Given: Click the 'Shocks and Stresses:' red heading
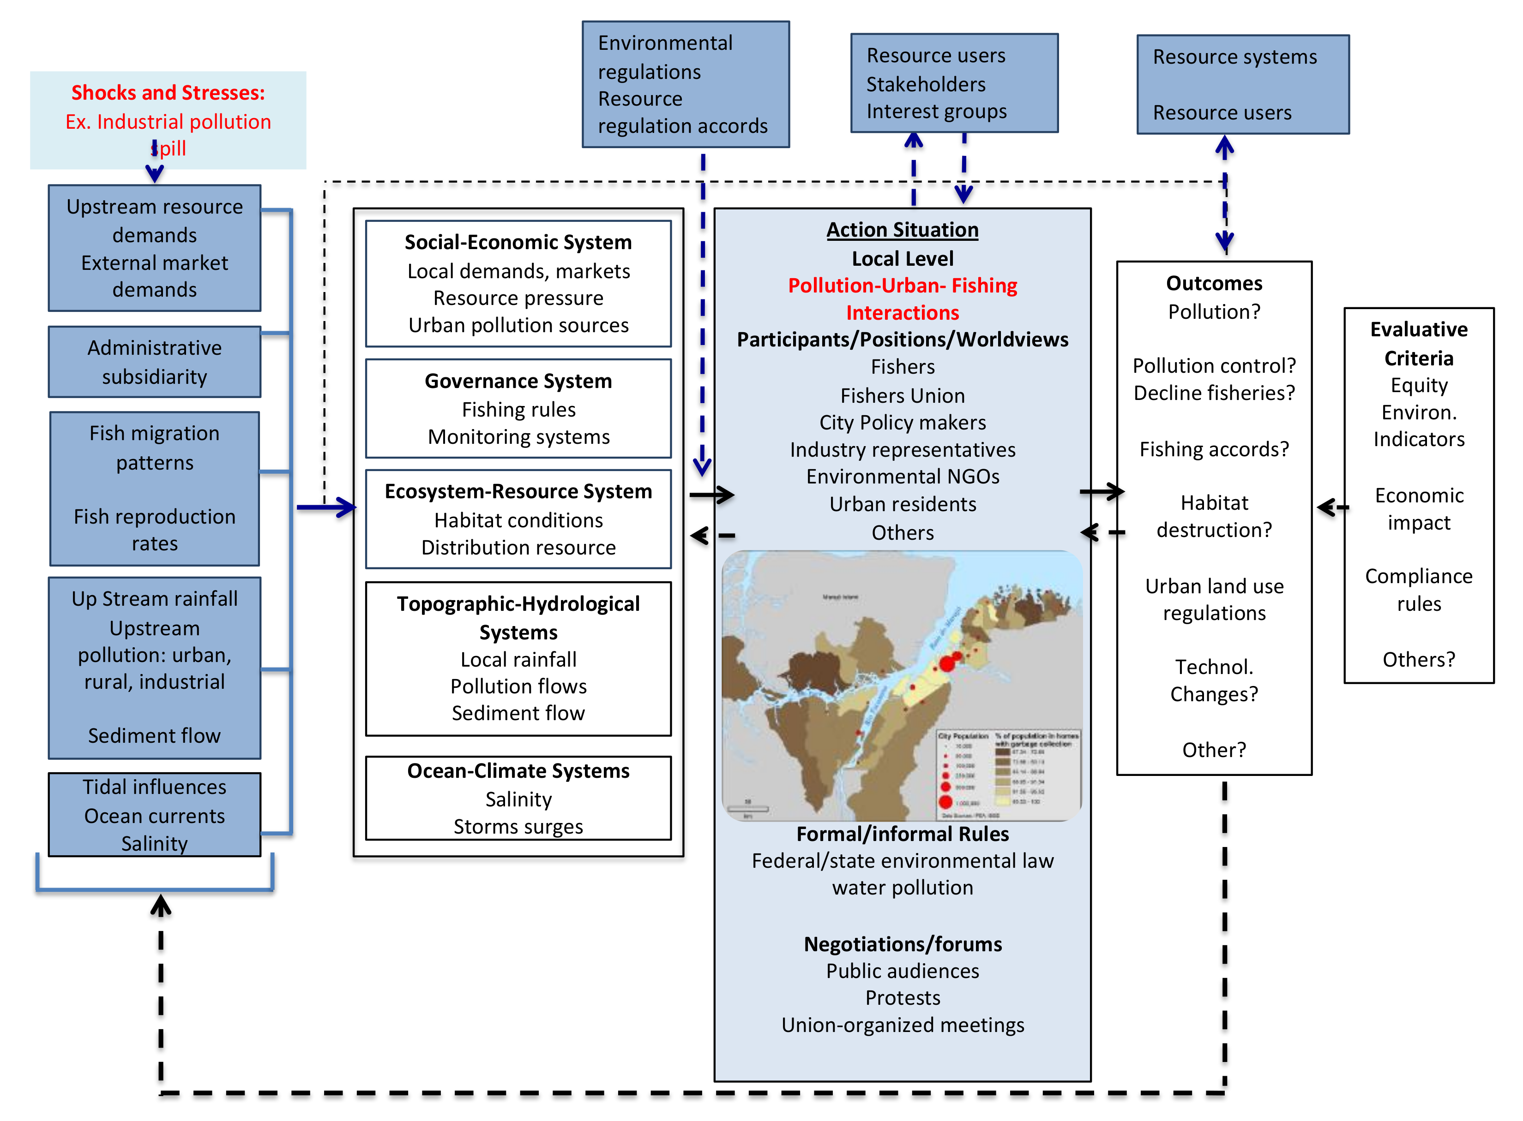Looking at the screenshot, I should (x=168, y=92).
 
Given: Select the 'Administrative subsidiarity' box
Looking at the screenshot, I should (x=154, y=362).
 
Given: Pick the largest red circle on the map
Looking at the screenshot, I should (x=946, y=663).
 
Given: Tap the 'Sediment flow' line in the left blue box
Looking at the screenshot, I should (x=154, y=736).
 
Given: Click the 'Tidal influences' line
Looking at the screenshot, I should (x=154, y=787).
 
